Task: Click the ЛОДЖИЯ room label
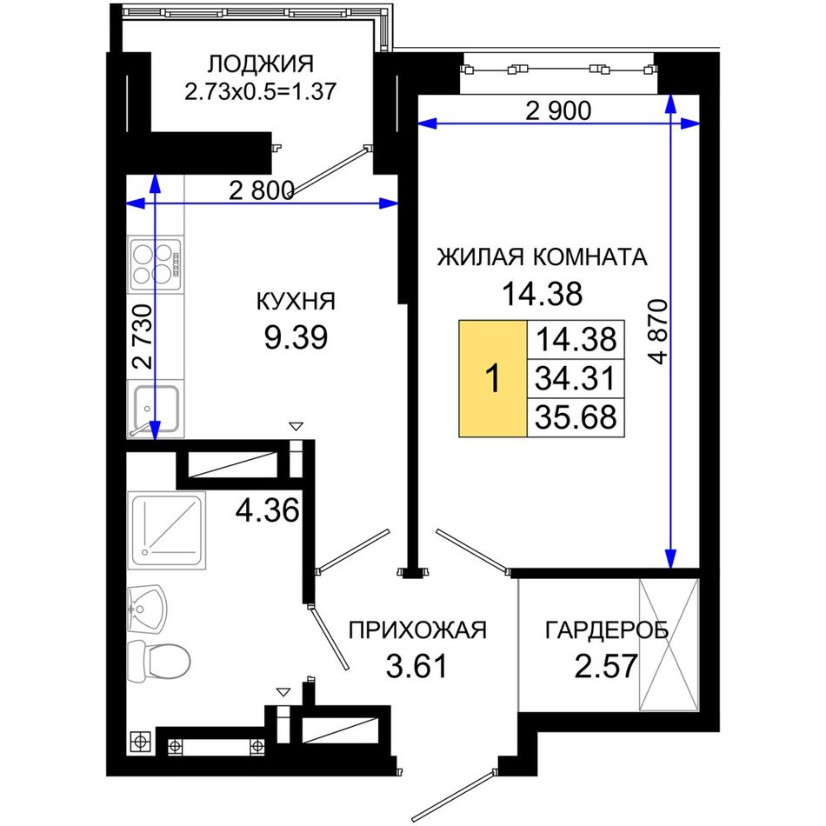point(260,64)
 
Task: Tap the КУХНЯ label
point(296,303)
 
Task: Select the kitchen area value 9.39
point(296,337)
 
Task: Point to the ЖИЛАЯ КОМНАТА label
point(542,257)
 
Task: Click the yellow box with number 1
point(492,378)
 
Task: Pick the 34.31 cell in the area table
point(576,378)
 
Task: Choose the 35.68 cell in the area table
point(576,417)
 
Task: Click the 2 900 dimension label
point(558,110)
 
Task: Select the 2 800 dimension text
point(262,190)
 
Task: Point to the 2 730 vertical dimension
point(143,336)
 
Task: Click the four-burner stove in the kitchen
point(156,264)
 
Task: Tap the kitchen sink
point(156,410)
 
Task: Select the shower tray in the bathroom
point(167,530)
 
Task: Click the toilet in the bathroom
point(158,661)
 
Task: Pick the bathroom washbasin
point(147,610)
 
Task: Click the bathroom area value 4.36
point(267,510)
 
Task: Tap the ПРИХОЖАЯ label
point(417,630)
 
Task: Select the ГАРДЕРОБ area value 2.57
point(606,666)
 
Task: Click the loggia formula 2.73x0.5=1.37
point(260,91)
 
